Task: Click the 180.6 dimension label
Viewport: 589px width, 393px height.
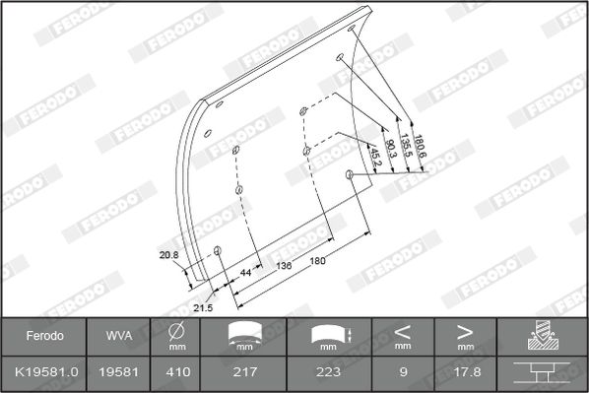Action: coord(420,147)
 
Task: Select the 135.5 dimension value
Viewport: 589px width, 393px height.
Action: coord(406,146)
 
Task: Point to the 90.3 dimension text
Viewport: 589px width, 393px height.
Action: coord(390,149)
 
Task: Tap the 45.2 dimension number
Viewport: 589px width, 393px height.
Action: coord(375,157)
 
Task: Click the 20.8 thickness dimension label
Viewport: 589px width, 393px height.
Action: coord(168,255)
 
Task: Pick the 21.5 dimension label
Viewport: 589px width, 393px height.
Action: coord(203,308)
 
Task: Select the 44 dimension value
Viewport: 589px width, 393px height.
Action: coord(245,273)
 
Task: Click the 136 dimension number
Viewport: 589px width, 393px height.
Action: coord(284,266)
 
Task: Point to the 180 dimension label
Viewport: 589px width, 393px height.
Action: coord(317,260)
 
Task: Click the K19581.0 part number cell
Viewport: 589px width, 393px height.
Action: coord(46,372)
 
